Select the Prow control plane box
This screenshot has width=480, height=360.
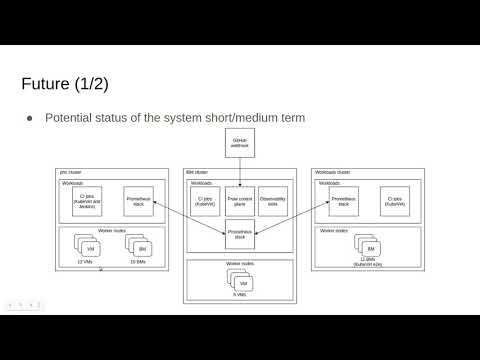click(x=240, y=201)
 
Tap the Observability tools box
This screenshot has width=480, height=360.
click(x=273, y=201)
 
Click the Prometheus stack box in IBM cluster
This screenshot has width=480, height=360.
click(x=240, y=236)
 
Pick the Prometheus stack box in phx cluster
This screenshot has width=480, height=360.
click(x=139, y=203)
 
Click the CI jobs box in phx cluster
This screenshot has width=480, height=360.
click(x=86, y=203)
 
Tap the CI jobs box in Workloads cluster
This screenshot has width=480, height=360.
click(x=394, y=203)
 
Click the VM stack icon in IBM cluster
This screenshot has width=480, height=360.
click(x=240, y=282)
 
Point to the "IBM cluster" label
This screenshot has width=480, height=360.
click(x=196, y=172)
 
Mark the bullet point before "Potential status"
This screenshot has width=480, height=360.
click(x=30, y=118)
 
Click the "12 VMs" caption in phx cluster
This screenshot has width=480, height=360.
click(x=85, y=262)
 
